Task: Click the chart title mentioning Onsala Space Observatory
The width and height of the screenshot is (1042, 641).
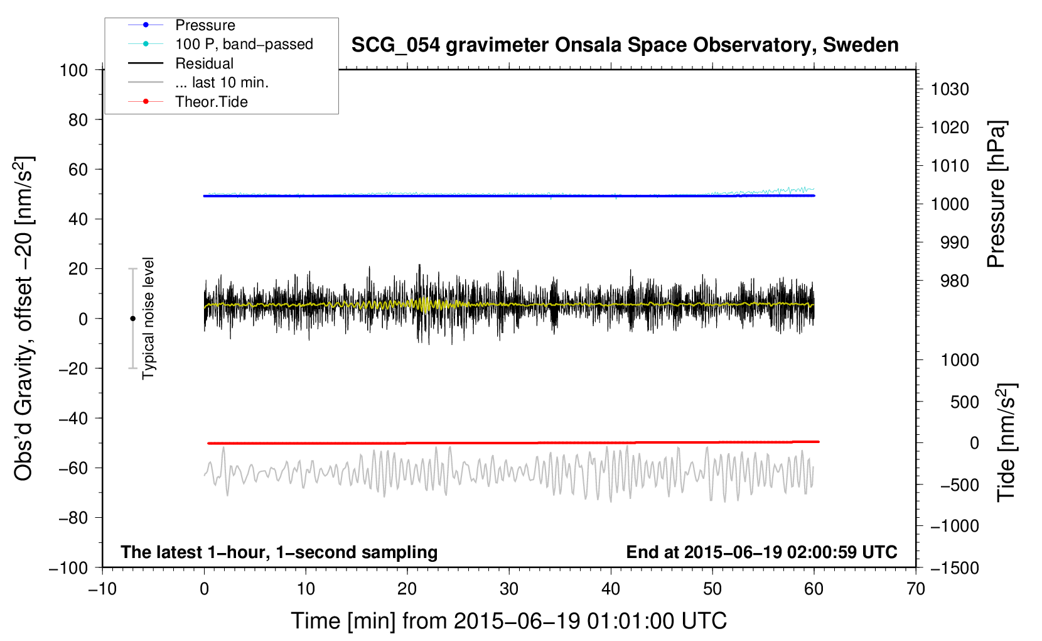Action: point(625,45)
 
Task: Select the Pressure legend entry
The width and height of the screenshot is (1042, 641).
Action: point(205,25)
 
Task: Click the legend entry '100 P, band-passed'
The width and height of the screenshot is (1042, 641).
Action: point(244,44)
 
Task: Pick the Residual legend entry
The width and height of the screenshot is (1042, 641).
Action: point(204,63)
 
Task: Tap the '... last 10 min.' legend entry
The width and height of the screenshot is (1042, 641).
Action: point(222,82)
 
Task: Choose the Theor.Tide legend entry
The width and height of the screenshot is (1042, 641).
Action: point(211,102)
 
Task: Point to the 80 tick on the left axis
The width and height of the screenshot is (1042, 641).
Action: point(78,119)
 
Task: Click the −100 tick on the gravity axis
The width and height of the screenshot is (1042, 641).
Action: point(68,567)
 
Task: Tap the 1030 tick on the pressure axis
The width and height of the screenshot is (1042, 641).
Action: point(950,89)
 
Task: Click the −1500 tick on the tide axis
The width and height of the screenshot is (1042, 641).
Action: point(955,567)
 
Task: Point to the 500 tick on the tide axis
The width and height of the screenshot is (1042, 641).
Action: point(964,402)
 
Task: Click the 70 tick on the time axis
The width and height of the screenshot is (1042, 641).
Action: point(916,589)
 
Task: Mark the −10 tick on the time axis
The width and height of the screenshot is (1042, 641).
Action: point(102,589)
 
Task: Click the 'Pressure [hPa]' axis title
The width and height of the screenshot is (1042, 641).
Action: point(996,195)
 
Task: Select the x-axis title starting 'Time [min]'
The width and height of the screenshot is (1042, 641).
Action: point(508,621)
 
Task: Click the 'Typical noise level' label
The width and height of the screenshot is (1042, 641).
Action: point(148,318)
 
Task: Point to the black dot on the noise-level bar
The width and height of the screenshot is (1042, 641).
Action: point(132,319)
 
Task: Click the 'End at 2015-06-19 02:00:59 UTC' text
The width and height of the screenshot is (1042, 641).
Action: point(761,552)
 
